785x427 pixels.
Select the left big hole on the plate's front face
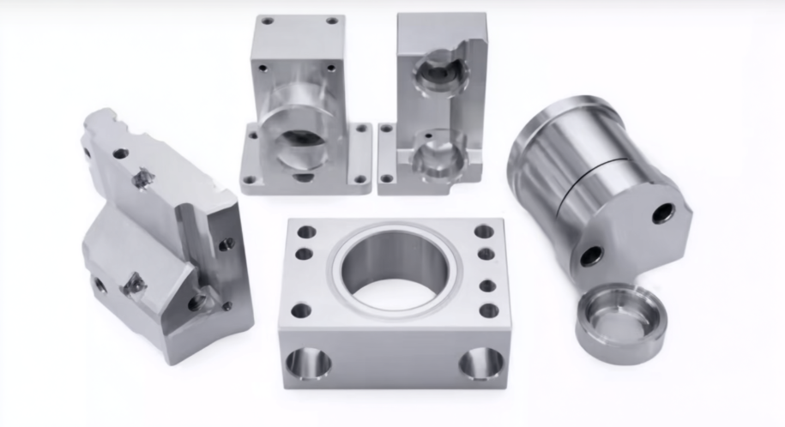coord(308,364)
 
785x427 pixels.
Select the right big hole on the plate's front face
coord(481,364)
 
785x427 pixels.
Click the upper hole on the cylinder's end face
coord(663,213)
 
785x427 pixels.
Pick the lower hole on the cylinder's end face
coord(591,256)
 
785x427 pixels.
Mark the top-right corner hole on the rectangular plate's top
coord(484,232)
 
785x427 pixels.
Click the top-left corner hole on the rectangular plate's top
coord(306,232)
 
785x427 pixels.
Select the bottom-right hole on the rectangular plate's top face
coord(489,310)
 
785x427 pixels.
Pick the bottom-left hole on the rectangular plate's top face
coord(300,310)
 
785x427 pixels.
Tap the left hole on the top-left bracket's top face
coord(268,20)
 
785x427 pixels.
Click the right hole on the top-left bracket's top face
coord(331,21)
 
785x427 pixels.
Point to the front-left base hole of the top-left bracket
coord(250,180)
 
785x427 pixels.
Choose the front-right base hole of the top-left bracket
coord(361,179)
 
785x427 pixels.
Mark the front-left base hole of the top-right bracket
coord(386,178)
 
